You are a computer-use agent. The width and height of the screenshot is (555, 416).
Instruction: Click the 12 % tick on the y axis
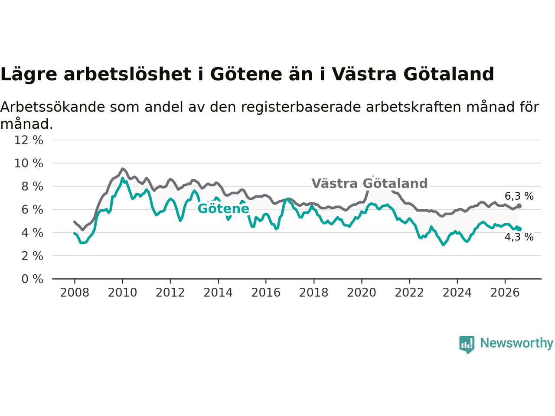(x=29, y=140)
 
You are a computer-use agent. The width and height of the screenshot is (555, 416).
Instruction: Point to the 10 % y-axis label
(x=29, y=163)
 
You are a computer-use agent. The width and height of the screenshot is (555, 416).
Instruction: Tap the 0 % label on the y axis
(x=32, y=279)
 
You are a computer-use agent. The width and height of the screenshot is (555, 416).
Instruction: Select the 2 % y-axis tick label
(x=32, y=256)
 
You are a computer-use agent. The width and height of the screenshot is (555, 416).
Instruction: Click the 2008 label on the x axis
(x=75, y=293)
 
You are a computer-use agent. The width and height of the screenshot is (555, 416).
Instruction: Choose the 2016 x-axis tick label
(x=266, y=293)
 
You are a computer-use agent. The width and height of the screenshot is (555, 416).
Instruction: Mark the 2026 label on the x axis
(x=505, y=293)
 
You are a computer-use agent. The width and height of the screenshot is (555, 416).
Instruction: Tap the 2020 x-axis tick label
(x=362, y=293)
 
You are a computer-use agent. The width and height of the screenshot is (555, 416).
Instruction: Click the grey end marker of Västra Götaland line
(x=519, y=206)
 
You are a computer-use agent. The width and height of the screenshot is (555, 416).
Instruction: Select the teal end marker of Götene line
(x=519, y=229)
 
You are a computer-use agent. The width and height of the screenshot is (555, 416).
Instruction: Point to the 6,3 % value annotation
(x=519, y=196)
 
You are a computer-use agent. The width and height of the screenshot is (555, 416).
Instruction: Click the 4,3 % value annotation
(x=519, y=237)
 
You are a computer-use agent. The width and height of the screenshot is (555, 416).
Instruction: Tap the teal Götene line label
(x=223, y=208)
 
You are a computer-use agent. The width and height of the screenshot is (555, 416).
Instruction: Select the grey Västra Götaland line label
(x=369, y=183)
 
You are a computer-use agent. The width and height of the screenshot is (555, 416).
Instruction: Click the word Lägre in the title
(x=29, y=74)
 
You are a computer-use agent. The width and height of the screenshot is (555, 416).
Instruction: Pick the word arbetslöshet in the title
(x=127, y=74)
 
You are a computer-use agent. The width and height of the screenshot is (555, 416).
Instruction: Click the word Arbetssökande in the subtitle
(x=52, y=107)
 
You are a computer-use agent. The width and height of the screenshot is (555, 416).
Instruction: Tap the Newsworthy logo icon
(x=467, y=344)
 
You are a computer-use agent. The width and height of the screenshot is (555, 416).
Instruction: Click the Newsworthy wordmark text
(x=516, y=343)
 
